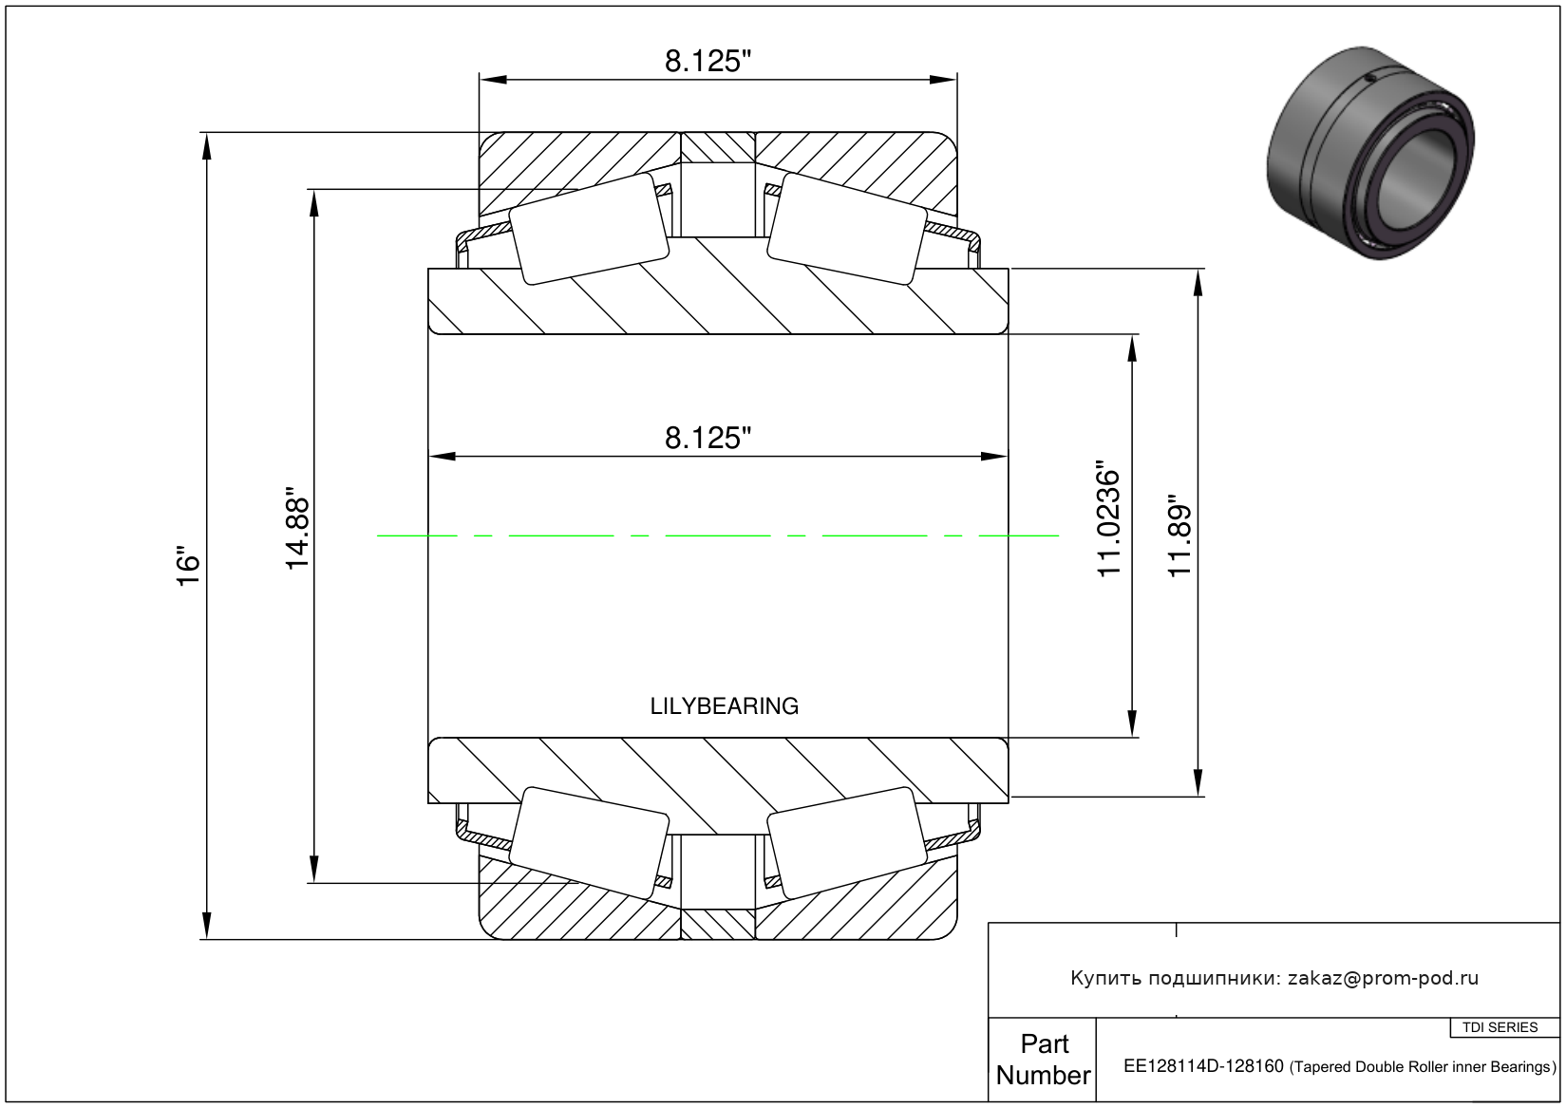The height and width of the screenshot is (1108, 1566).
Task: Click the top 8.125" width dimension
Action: coord(708,62)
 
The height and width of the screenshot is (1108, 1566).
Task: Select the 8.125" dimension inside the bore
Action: coord(708,439)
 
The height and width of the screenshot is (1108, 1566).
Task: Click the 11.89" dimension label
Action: coord(1179,536)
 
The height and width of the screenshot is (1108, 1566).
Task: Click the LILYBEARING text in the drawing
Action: coord(725,706)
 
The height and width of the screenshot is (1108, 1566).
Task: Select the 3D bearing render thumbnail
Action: coord(1371,153)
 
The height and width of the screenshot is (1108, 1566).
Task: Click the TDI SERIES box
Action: coord(1501,1027)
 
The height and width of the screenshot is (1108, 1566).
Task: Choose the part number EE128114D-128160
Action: coord(1203,1066)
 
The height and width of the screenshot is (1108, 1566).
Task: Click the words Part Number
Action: coord(1044,1059)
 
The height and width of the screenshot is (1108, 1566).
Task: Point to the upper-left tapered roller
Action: coord(590,229)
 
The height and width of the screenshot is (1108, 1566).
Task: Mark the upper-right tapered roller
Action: coord(847,229)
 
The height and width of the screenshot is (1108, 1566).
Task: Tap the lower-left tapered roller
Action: coord(590,843)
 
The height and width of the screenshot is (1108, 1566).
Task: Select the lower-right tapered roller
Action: coord(847,843)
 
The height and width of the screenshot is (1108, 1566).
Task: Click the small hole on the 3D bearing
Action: coord(1370,78)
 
